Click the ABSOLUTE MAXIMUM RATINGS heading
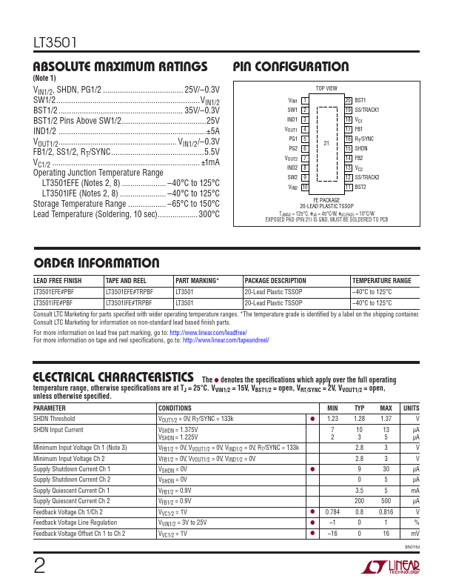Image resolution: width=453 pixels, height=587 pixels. (121, 66)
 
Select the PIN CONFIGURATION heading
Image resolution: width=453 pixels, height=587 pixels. (291, 66)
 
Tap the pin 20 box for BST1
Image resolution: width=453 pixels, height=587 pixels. (348, 100)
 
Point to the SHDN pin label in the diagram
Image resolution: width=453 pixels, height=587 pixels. (362, 148)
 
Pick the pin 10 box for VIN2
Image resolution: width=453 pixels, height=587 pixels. (304, 188)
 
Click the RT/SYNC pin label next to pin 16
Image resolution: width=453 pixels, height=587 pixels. (364, 139)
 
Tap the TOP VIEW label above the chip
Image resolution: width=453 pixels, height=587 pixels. (326, 87)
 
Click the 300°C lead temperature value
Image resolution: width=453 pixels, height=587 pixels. (209, 214)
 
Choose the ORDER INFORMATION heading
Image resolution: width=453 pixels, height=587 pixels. (97, 263)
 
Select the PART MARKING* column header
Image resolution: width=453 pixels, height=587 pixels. (197, 282)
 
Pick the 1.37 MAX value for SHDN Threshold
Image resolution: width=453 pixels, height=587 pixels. (386, 419)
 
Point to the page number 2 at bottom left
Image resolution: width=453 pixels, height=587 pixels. (39, 566)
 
